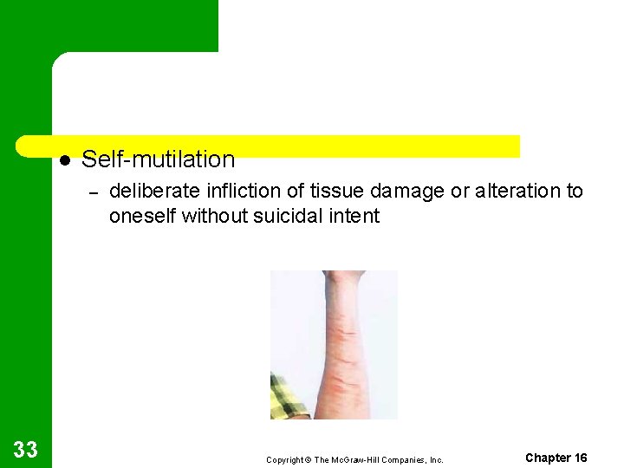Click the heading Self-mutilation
pyautogui.click(x=158, y=159)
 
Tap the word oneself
pyautogui.click(x=142, y=216)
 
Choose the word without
pyautogui.click(x=211, y=216)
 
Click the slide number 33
pyautogui.click(x=26, y=449)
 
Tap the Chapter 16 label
pyautogui.click(x=556, y=458)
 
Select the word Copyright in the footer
pyautogui.click(x=283, y=459)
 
